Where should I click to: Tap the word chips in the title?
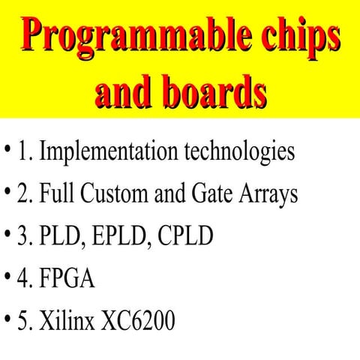pos(294,35)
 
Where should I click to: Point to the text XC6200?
pos(139,322)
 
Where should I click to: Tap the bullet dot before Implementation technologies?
pos(7,151)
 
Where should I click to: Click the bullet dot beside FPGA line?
pos(7,279)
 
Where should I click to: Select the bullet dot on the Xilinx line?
pos(7,322)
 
